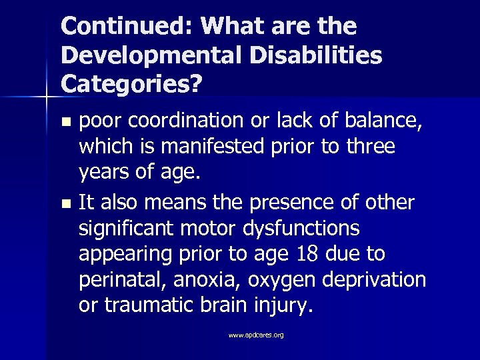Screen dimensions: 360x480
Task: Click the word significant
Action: [125, 229]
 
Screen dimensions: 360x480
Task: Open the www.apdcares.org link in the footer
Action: [256, 335]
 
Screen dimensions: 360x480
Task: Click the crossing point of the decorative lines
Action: [47, 97]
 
